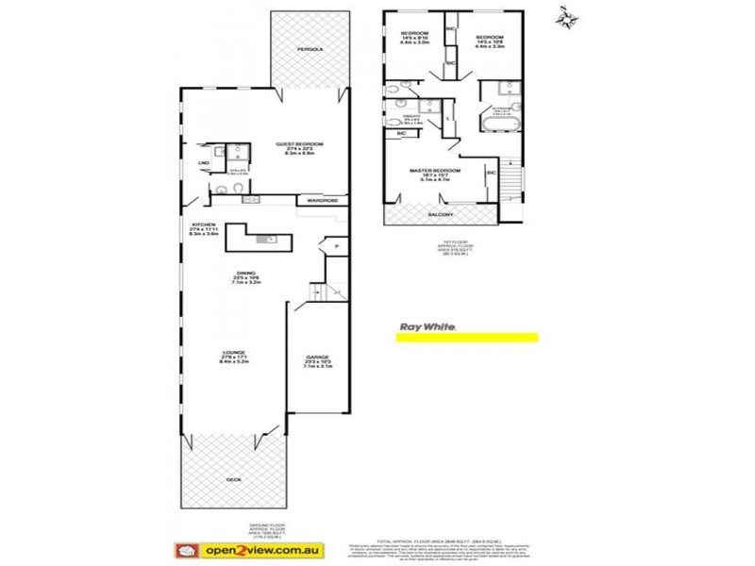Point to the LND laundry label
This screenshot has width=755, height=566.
click(203, 163)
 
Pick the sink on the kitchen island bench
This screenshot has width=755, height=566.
click(270, 239)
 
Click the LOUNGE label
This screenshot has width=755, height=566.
click(233, 357)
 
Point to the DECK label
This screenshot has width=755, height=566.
click(233, 479)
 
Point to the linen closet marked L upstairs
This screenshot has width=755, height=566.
click(448, 118)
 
